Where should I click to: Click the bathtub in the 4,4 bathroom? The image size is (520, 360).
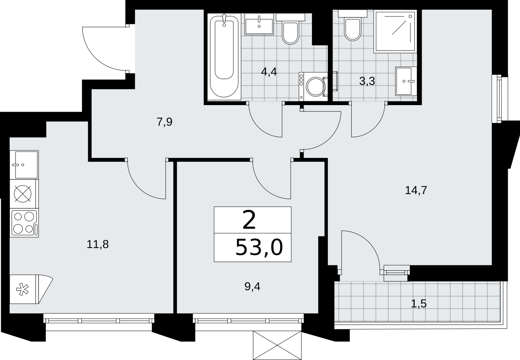tap(224, 57)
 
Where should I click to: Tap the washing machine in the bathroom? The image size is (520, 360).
tap(313, 87)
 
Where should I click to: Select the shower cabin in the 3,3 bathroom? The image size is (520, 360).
tap(395, 31)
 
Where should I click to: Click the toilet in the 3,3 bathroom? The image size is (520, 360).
tap(352, 25)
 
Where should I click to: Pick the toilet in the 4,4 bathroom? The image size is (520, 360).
tap(290, 29)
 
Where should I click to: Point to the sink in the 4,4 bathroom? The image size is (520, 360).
tap(259, 24)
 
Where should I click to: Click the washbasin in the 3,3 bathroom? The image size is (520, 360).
tap(406, 81)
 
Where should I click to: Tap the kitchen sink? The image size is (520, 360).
tap(24, 164)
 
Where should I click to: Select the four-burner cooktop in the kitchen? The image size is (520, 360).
tap(24, 223)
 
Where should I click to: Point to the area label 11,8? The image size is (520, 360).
tap(97, 244)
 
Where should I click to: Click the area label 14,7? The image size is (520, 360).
tap(416, 190)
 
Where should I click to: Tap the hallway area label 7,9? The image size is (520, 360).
tap(164, 122)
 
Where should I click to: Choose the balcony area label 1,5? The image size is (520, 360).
tap(419, 304)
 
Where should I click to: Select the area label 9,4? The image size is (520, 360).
tap(252, 287)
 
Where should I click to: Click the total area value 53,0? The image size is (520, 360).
tap(259, 247)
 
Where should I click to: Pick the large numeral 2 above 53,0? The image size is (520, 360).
tap(249, 219)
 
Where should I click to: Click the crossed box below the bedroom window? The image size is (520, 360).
tap(277, 345)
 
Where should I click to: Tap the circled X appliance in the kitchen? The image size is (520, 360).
tap(23, 194)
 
